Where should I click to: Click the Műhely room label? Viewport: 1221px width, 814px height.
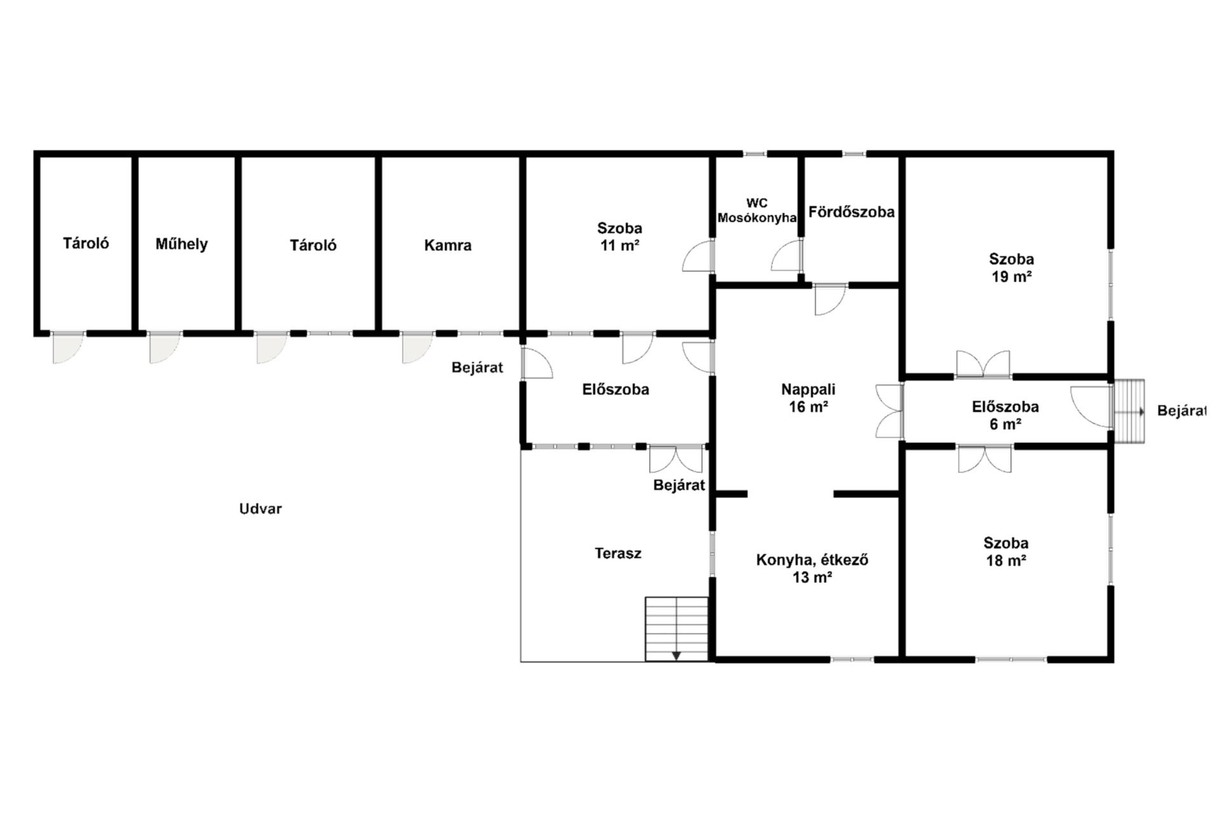[181, 244]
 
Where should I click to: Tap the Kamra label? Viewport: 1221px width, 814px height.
[448, 245]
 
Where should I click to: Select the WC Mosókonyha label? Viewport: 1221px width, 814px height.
[757, 210]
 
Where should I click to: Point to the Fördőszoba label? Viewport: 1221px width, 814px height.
[852, 212]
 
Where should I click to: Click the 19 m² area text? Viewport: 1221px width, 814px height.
[1011, 277]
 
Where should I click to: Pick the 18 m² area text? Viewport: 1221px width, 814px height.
[1006, 561]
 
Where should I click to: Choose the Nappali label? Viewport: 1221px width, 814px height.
[808, 389]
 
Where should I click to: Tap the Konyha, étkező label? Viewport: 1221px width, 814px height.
[812, 560]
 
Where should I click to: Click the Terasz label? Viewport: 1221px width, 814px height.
[618, 553]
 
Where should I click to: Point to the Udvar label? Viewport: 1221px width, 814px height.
[260, 509]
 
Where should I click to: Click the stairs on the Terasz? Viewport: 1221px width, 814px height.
[677, 629]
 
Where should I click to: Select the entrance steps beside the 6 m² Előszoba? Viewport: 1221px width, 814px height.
[1129, 411]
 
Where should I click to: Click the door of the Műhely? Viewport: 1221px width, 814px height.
[165, 347]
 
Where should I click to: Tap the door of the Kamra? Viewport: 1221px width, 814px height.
[417, 347]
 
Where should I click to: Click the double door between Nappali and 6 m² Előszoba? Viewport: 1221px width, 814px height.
[890, 411]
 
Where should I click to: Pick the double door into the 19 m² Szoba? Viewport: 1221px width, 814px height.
[983, 364]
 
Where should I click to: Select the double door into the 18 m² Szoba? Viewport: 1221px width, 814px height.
[984, 459]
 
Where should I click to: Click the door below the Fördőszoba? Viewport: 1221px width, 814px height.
[831, 299]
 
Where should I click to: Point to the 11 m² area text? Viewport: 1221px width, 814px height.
[620, 245]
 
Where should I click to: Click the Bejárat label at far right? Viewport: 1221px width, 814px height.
[1182, 411]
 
